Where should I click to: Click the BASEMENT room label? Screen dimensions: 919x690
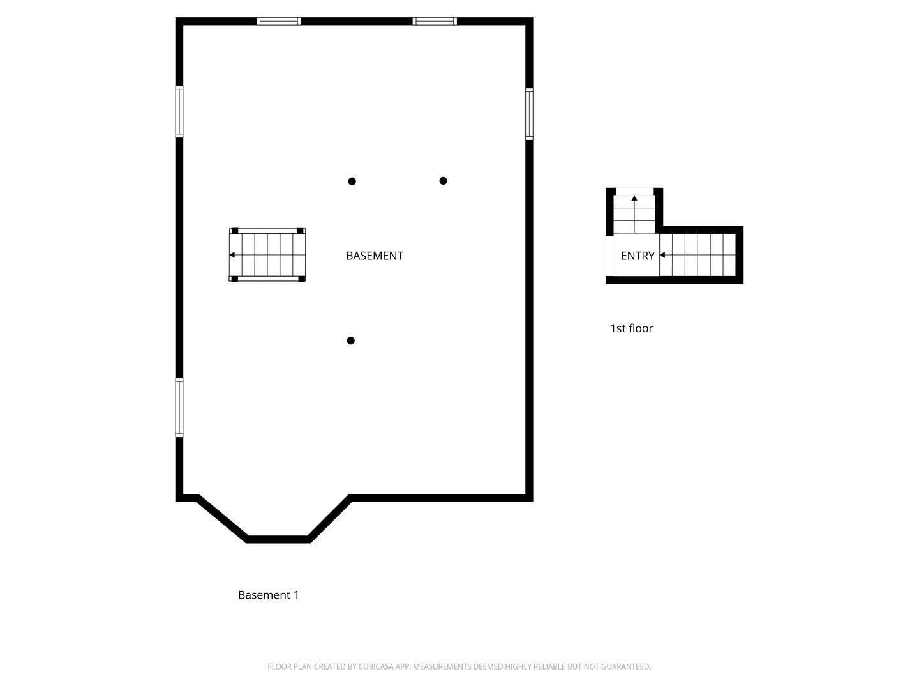pos(374,256)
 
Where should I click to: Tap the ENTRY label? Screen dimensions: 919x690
pos(637,256)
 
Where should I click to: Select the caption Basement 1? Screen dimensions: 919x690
pos(269,595)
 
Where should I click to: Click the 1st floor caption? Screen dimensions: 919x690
pos(631,328)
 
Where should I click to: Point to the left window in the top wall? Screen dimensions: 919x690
pos(278,21)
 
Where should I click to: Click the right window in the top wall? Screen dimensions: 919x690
pos(435,21)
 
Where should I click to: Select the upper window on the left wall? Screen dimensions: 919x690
pos(179,111)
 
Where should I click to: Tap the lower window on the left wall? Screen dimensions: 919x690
pos(179,408)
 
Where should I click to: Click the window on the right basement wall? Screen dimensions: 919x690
pos(529,114)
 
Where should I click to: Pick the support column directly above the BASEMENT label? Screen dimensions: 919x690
pos(352,181)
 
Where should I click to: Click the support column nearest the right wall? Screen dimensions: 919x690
pos(444,181)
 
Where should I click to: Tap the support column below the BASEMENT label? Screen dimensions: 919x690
pos(351,341)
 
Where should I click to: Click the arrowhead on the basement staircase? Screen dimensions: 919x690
pos(232,255)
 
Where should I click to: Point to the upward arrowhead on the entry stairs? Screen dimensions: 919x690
pos(634,198)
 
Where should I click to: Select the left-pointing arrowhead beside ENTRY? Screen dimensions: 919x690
pos(662,255)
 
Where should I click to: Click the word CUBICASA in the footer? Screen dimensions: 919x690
pos(375,666)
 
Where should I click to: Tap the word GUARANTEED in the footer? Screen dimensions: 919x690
pos(626,666)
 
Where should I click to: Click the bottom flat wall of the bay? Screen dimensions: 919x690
pos(278,540)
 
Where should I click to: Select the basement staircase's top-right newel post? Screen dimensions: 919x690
pos(300,231)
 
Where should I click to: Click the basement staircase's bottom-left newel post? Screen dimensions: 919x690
pos(234,279)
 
